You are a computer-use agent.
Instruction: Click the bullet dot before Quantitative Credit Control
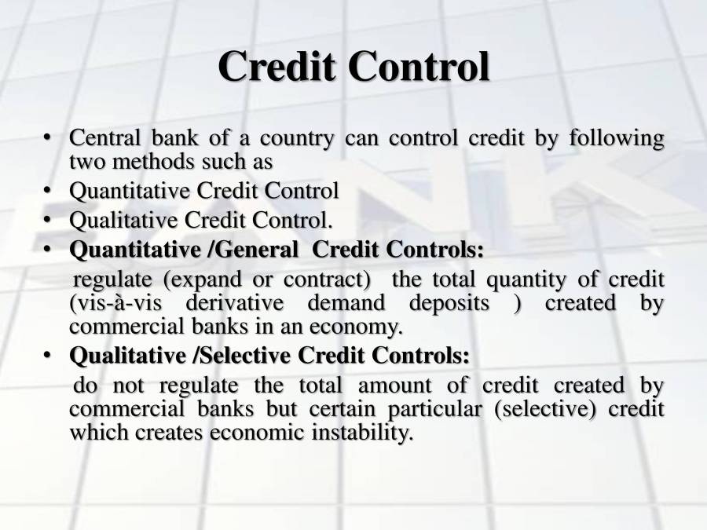coord(48,191)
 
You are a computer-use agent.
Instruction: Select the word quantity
coord(526,280)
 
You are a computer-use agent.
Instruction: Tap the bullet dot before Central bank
coord(48,139)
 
